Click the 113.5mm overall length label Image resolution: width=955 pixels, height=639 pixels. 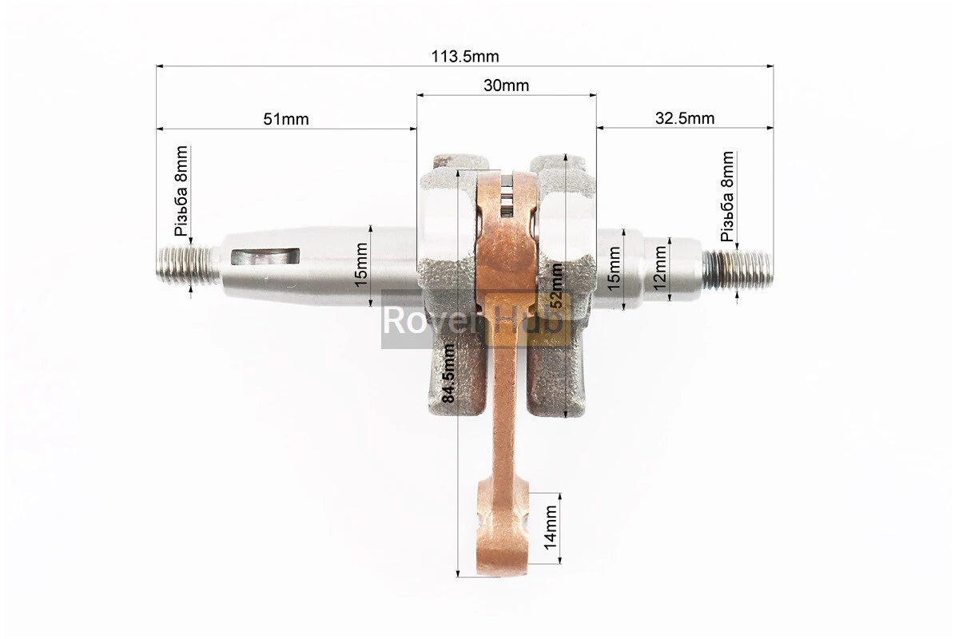pyautogui.click(x=465, y=57)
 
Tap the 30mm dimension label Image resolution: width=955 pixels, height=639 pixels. pyautogui.click(x=506, y=85)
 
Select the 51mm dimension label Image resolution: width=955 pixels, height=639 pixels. pyautogui.click(x=285, y=119)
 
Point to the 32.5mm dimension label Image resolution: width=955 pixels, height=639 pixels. pyautogui.click(x=685, y=118)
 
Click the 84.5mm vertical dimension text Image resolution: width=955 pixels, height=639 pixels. pyautogui.click(x=448, y=373)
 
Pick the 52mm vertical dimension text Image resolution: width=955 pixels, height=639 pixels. pyautogui.click(x=556, y=285)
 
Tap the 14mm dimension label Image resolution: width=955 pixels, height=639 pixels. pyautogui.click(x=551, y=527)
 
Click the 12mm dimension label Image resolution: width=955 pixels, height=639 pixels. pyautogui.click(x=659, y=268)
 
